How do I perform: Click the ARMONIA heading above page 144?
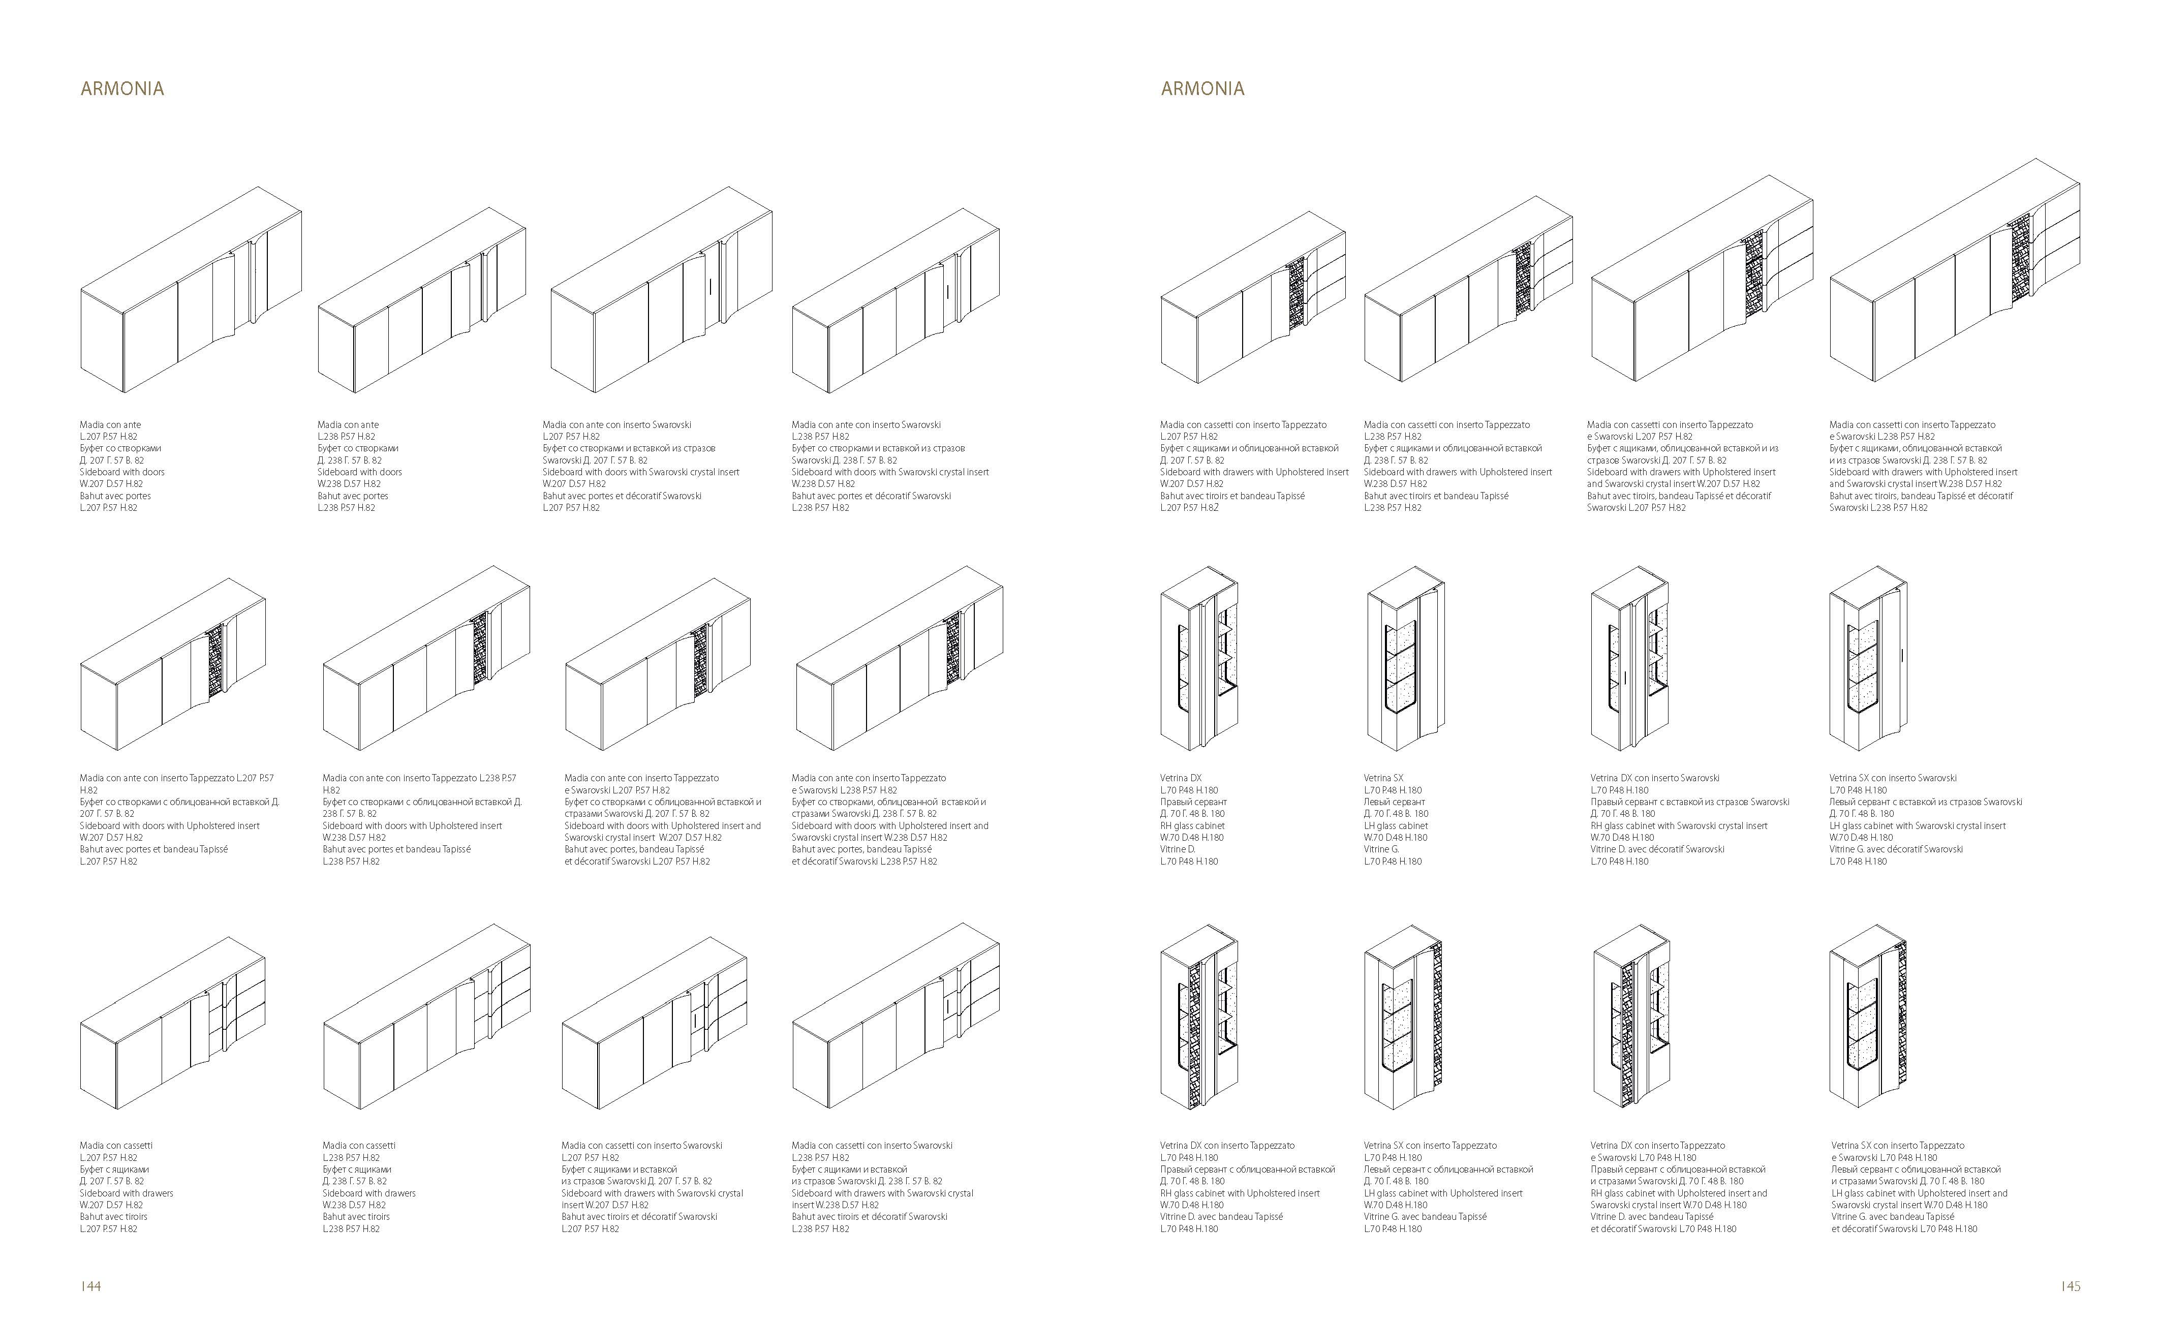pos(122,88)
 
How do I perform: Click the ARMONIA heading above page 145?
pos(1202,88)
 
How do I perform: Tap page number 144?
pos(91,1286)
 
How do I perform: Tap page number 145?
pos(2070,1286)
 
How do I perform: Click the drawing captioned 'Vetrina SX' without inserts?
pos(1405,658)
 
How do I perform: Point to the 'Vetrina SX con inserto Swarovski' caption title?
pos(1893,778)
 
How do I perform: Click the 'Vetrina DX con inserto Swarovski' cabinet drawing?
pos(1629,658)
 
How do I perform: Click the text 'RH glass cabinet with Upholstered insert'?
pos(1239,1193)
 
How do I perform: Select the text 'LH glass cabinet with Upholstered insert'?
pos(1443,1193)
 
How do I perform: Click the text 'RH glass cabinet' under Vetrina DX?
pos(1192,825)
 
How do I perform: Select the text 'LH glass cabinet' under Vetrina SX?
pos(1396,825)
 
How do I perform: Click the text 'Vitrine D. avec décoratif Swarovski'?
pos(1657,849)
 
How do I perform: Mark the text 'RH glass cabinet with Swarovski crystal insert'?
pos(1679,825)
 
